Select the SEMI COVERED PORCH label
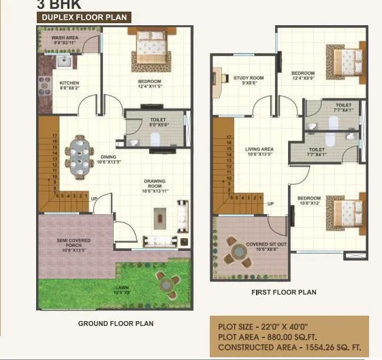[x=75, y=243]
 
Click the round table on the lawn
[x=163, y=280]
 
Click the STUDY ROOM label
[x=248, y=80]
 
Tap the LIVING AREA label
[x=259, y=151]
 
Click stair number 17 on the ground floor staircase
[x=53, y=136]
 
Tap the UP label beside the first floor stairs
[x=270, y=204]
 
